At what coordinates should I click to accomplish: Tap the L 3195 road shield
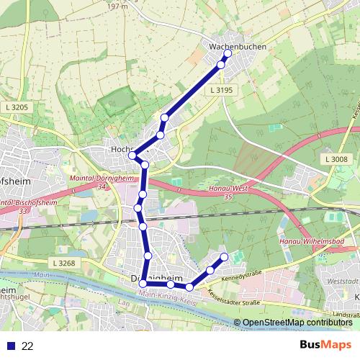click(223, 90)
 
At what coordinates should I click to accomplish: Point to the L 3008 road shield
click(336, 159)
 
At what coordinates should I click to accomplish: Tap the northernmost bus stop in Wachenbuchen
click(228, 53)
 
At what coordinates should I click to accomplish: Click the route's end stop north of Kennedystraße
click(224, 257)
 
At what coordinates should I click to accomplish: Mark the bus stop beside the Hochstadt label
click(132, 156)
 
